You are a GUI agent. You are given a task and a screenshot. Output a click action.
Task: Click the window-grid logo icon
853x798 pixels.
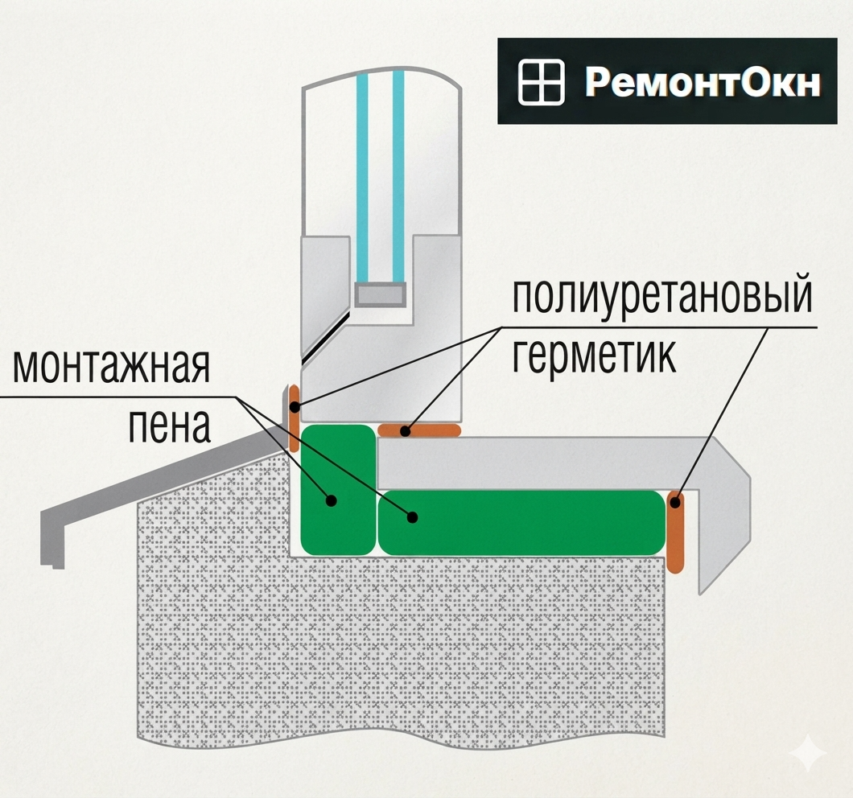541,82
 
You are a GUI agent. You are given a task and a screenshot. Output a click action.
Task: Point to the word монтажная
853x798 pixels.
111,366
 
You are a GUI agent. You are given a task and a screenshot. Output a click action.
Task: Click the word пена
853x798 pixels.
169,426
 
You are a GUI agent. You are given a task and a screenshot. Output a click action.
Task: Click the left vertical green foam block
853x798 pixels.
337,490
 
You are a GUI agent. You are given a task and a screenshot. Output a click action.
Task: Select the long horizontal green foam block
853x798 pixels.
521,523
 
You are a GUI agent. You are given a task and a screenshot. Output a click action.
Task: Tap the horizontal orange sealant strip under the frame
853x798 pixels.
419,431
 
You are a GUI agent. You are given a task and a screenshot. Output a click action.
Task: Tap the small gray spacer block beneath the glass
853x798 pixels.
380,294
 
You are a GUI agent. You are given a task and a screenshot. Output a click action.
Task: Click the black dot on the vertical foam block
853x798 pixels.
330,500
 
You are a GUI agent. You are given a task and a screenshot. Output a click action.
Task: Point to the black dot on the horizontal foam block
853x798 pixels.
412,516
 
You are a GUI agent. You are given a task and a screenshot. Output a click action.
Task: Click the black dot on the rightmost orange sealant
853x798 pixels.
675,503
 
